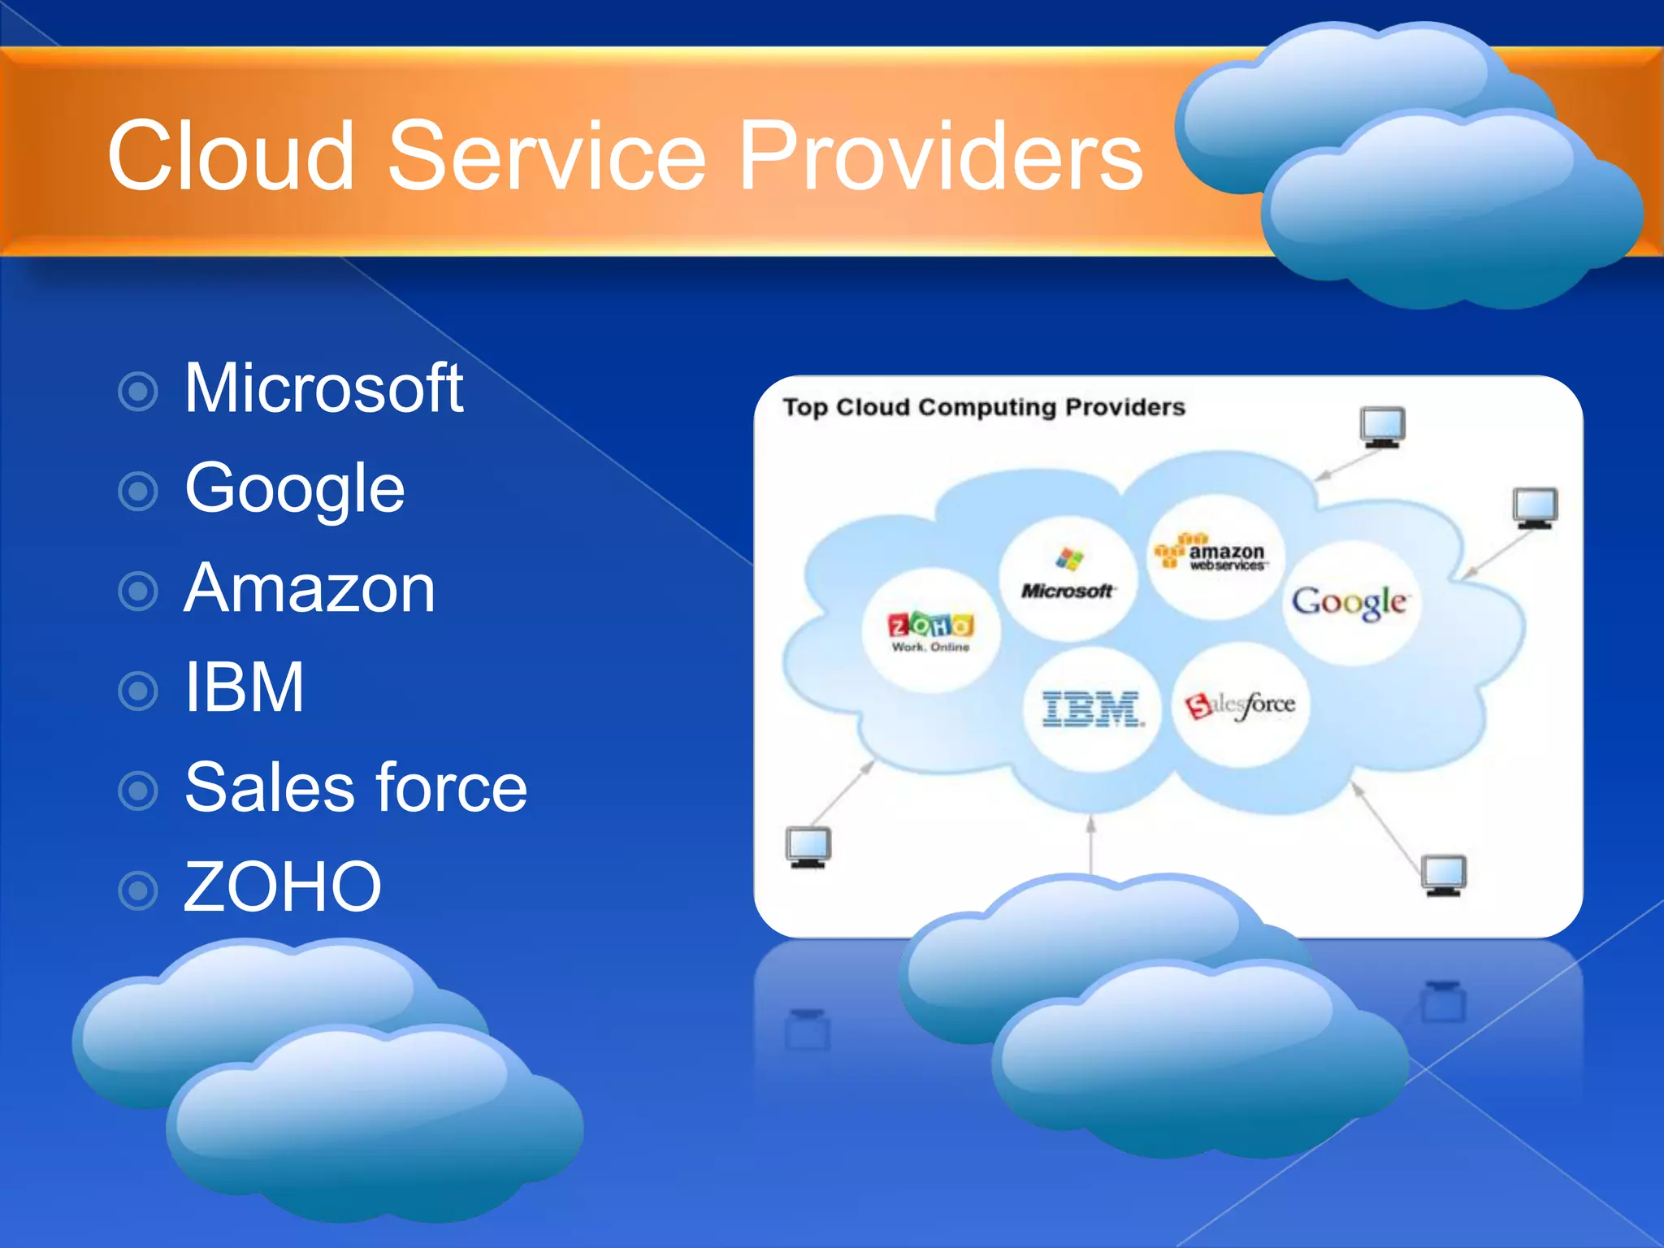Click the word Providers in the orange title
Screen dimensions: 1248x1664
coord(940,156)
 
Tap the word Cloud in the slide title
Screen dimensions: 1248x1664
coord(231,156)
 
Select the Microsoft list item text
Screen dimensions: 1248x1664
coord(323,388)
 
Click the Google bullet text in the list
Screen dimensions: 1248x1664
coord(294,489)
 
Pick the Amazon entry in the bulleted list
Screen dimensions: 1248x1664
coord(310,588)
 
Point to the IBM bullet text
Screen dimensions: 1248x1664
coord(244,688)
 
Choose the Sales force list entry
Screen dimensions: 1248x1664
coord(356,787)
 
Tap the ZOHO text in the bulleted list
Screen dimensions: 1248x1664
coord(282,886)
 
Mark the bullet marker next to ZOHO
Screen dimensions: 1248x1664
coord(138,890)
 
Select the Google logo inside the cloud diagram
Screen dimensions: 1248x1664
coord(1350,603)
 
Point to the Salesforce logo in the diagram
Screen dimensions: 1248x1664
coord(1240,705)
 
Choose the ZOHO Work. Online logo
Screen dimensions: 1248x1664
coord(930,631)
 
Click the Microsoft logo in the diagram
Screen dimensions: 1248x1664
coord(1068,575)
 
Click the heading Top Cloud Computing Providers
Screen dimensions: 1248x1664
coord(984,407)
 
